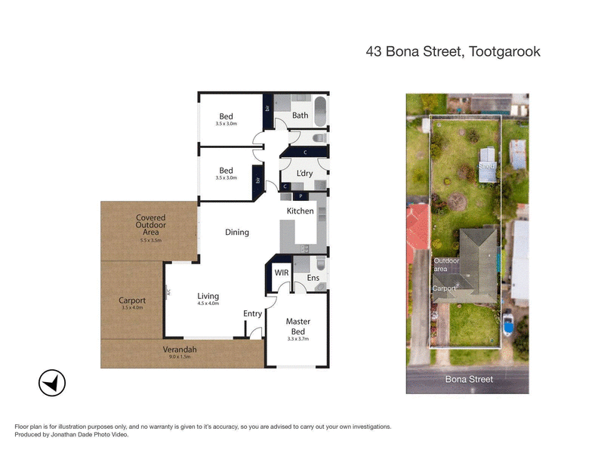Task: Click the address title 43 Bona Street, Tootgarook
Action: [453, 52]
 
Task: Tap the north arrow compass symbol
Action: [52, 384]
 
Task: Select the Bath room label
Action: [300, 116]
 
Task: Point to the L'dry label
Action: [304, 173]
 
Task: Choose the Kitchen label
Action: [300, 211]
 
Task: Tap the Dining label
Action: [237, 232]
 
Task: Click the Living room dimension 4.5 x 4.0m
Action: [208, 304]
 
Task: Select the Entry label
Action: [252, 313]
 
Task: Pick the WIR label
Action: [282, 272]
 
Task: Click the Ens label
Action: [313, 279]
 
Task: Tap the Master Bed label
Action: [297, 326]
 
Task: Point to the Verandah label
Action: [179, 350]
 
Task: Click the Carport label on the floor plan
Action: [132, 300]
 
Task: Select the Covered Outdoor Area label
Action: [151, 224]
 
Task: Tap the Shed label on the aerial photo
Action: [487, 165]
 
